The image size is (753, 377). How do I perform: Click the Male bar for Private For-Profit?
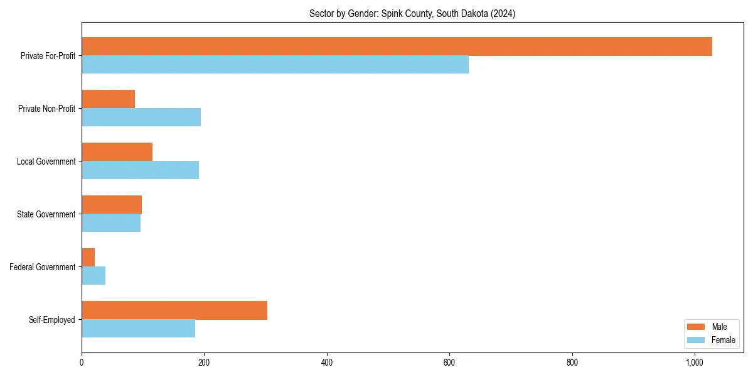pyautogui.click(x=397, y=46)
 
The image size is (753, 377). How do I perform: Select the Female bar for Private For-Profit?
pyautogui.click(x=275, y=65)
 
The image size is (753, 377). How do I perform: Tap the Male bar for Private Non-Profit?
pyautogui.click(x=108, y=99)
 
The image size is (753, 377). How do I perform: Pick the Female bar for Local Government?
pyautogui.click(x=140, y=170)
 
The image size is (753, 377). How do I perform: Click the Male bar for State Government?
pyautogui.click(x=112, y=205)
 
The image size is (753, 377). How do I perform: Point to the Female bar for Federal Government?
pyautogui.click(x=93, y=276)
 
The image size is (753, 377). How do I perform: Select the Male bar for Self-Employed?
pyautogui.click(x=174, y=310)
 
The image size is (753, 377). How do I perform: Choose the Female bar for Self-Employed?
pyautogui.click(x=138, y=329)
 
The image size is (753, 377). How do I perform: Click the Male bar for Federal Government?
pyautogui.click(x=88, y=258)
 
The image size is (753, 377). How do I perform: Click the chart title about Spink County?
pyautogui.click(x=412, y=14)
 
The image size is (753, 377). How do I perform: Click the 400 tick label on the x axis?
pyautogui.click(x=326, y=363)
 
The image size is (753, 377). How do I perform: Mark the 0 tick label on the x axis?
pyautogui.click(x=82, y=363)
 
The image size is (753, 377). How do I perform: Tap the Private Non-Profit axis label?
pyautogui.click(x=46, y=109)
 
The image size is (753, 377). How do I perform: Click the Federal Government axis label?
pyautogui.click(x=42, y=267)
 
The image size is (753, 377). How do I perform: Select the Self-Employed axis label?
pyautogui.click(x=51, y=320)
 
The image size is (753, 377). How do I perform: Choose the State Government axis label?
pyautogui.click(x=46, y=214)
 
